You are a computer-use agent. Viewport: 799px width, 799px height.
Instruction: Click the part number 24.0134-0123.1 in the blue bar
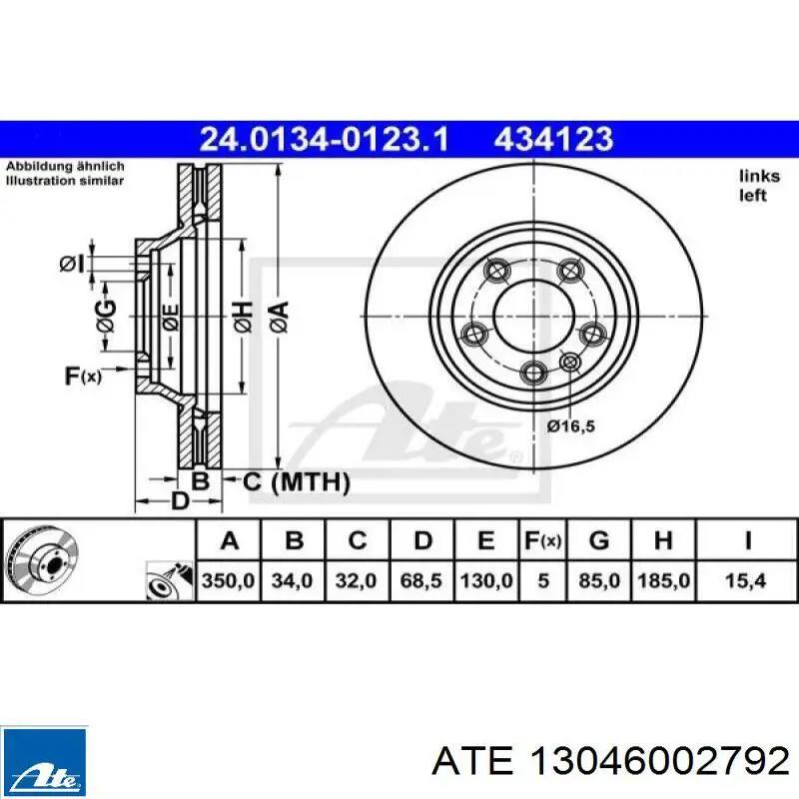pyautogui.click(x=324, y=139)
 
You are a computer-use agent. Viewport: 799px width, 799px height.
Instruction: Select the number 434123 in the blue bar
pyautogui.click(x=554, y=139)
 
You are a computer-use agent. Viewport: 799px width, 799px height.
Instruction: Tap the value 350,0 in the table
pyautogui.click(x=229, y=580)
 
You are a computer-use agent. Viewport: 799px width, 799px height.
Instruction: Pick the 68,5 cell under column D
pyautogui.click(x=420, y=580)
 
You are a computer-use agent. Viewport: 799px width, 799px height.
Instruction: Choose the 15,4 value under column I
pyautogui.click(x=745, y=580)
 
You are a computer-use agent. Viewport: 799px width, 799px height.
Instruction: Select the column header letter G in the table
pyautogui.click(x=599, y=540)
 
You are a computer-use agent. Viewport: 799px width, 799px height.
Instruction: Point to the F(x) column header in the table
pyautogui.click(x=543, y=540)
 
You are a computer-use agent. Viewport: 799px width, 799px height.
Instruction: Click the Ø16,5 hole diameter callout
pyautogui.click(x=571, y=426)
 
